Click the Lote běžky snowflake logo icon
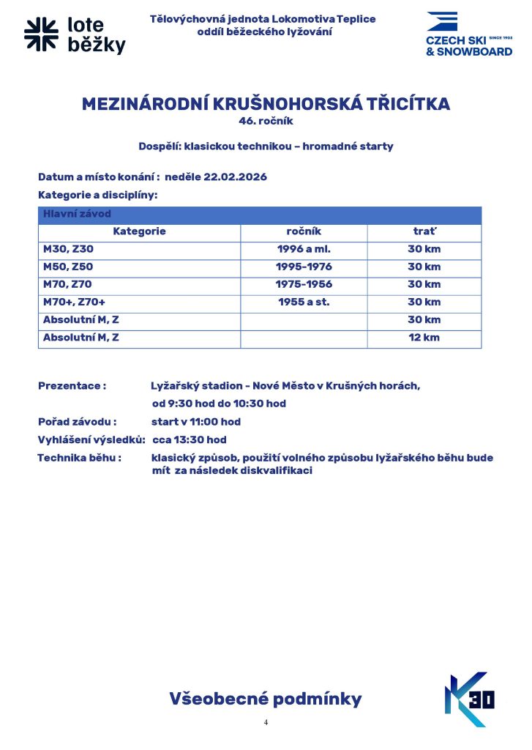(41, 36)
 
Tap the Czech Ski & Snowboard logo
(468, 34)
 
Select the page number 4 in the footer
(266, 722)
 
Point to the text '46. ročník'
(266, 121)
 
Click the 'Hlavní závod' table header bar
(260, 215)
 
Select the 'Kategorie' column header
(139, 231)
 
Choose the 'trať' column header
(424, 231)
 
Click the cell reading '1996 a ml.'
(304, 249)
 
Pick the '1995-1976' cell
(304, 267)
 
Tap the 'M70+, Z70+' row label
(75, 302)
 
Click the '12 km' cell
(424, 338)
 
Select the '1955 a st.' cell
(304, 302)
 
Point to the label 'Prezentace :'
(72, 386)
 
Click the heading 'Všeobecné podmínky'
(266, 699)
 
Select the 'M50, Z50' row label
(68, 267)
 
